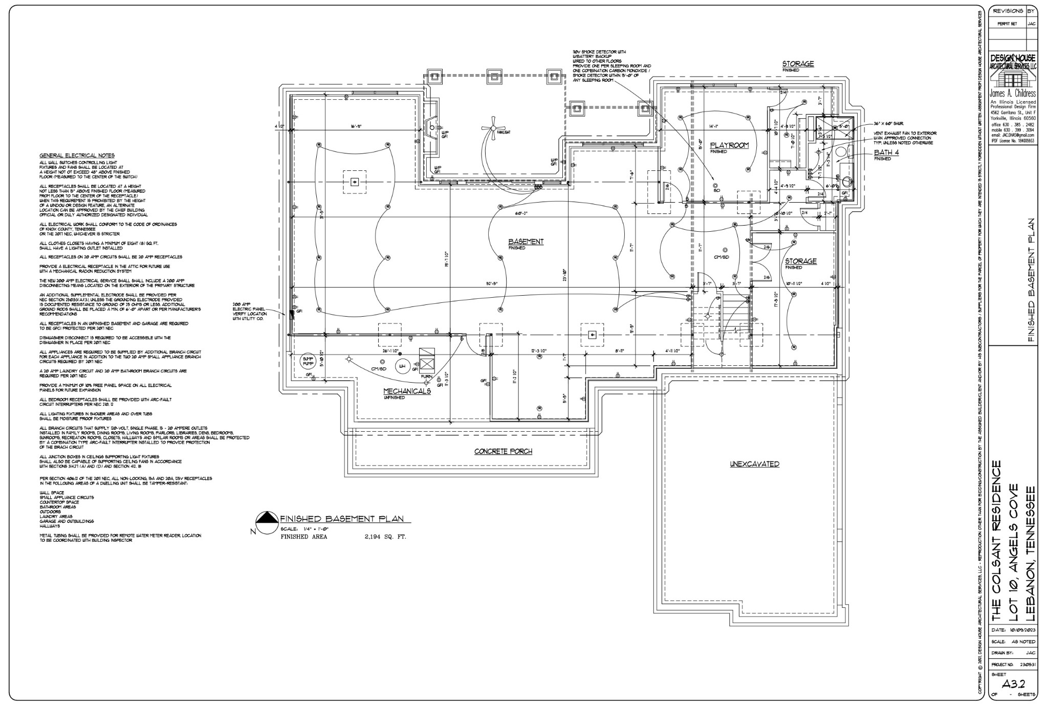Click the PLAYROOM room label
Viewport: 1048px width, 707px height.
(x=729, y=145)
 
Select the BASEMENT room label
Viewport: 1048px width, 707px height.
(x=526, y=241)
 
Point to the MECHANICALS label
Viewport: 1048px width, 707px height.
(x=407, y=391)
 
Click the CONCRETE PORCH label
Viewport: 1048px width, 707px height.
(x=503, y=451)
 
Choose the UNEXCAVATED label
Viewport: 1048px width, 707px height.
(x=754, y=464)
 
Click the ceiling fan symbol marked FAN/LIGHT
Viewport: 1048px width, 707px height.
(x=493, y=128)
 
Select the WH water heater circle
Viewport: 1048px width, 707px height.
(x=402, y=367)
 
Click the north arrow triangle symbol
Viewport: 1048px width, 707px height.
(x=266, y=518)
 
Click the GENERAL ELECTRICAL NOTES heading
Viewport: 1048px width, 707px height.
(x=77, y=156)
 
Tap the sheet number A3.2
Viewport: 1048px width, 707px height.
(x=1013, y=684)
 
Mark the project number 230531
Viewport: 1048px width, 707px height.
(x=1023, y=665)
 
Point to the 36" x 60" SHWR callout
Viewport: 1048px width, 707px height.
(x=888, y=124)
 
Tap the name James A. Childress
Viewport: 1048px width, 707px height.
(x=1012, y=94)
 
